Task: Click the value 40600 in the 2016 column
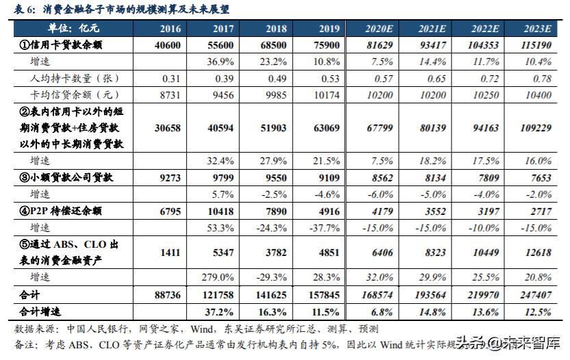167,44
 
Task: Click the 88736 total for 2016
167,295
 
